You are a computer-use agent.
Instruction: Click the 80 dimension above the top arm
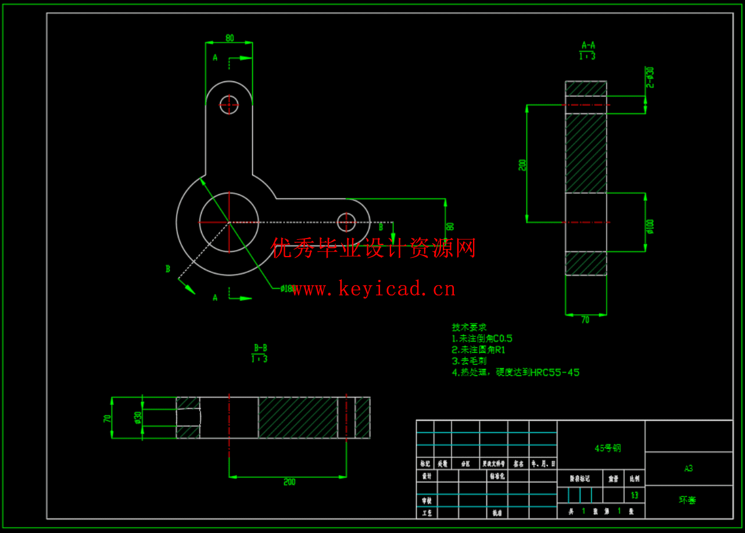230,38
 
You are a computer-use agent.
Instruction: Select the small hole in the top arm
229,105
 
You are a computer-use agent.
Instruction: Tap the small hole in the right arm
346,221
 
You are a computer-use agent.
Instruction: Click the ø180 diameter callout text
288,289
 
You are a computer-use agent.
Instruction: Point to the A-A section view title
588,45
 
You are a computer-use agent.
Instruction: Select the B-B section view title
260,348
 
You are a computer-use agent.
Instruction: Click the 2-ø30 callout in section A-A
650,77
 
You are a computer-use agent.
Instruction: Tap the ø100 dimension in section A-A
650,226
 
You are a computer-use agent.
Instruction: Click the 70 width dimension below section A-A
585,320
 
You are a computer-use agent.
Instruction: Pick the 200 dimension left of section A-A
522,165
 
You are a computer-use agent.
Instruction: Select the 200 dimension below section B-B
289,482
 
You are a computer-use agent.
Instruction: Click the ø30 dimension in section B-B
138,418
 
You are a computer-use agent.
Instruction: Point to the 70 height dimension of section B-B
107,418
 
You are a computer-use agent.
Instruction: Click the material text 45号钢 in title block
607,448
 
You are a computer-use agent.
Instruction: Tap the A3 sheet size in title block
688,468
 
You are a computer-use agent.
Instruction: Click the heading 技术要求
469,327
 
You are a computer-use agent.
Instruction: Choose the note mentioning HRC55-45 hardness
515,372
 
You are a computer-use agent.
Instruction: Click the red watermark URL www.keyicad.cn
374,289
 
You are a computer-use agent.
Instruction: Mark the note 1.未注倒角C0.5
482,338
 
